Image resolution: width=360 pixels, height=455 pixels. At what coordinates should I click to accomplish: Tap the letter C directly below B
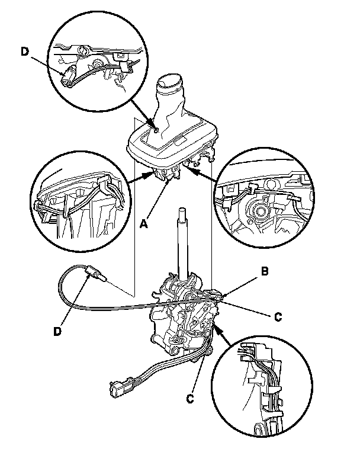278,316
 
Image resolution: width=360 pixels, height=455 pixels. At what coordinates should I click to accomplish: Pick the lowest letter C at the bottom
190,399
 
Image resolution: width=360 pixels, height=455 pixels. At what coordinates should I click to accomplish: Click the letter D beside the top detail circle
24,52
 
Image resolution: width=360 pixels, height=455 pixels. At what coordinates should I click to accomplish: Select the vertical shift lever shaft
181,237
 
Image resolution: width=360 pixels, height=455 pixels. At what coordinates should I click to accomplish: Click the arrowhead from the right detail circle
184,168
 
